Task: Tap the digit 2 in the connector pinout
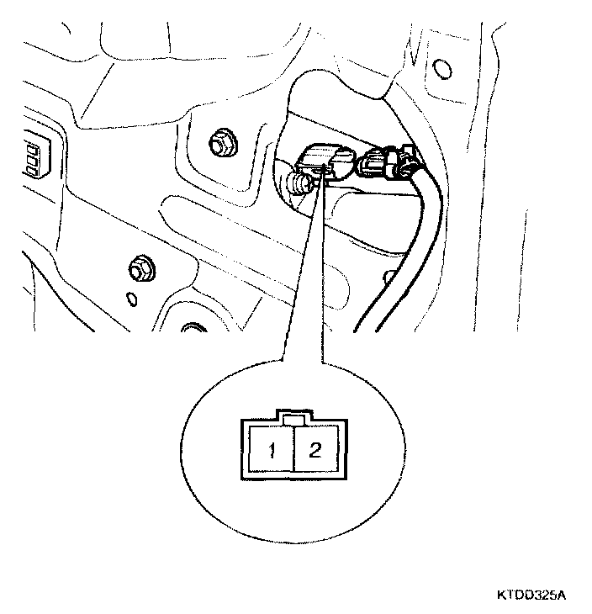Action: [x=314, y=449]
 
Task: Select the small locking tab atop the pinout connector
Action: [x=293, y=418]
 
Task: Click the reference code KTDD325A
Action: [x=531, y=595]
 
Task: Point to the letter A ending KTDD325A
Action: [x=561, y=595]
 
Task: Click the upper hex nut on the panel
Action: [x=222, y=144]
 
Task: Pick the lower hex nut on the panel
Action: [x=139, y=270]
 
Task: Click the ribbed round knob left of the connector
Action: [x=297, y=183]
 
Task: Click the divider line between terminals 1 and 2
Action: [x=293, y=452]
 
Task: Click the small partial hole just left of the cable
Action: [x=388, y=276]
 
